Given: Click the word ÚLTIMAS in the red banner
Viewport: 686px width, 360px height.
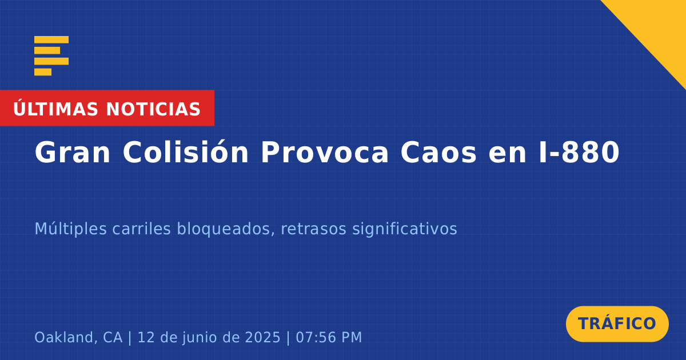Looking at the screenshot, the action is [x=55, y=109].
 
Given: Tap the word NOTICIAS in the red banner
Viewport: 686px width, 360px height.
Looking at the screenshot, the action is [x=153, y=109].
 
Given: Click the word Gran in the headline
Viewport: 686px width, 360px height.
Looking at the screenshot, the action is [x=72, y=153].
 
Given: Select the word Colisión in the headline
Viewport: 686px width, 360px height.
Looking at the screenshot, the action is [x=186, y=152].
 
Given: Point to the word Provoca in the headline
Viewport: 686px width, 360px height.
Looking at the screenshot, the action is [x=325, y=153].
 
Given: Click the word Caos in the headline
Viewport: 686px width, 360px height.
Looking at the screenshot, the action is [x=438, y=153].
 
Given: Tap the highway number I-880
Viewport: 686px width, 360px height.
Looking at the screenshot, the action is [x=579, y=153].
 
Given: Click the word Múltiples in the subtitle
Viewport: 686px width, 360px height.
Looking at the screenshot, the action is [x=71, y=229].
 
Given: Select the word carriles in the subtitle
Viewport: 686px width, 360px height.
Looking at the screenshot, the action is [x=142, y=229].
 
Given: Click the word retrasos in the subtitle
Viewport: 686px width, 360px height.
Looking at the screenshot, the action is [x=314, y=229].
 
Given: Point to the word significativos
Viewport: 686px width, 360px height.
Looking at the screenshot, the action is [x=405, y=229].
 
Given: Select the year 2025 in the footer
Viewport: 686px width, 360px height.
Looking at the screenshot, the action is [x=263, y=337].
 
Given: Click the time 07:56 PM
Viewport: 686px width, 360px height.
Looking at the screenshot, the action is [x=329, y=337].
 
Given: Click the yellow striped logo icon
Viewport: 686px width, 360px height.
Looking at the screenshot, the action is [x=51, y=56].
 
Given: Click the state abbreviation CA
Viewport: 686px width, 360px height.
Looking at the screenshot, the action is [x=113, y=337].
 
